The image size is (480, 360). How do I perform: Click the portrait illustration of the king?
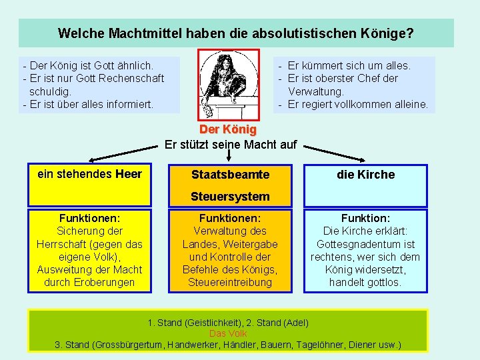tap(228, 84)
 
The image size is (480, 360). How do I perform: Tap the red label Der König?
tap(228, 129)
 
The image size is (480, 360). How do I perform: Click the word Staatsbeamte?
tap(230, 175)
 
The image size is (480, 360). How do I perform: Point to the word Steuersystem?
tap(230, 197)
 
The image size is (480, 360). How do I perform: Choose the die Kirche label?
tap(366, 175)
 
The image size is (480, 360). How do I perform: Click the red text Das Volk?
tap(228, 333)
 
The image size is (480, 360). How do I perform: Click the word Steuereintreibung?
tap(230, 282)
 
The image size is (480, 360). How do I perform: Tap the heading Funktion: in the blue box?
tap(365, 218)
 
